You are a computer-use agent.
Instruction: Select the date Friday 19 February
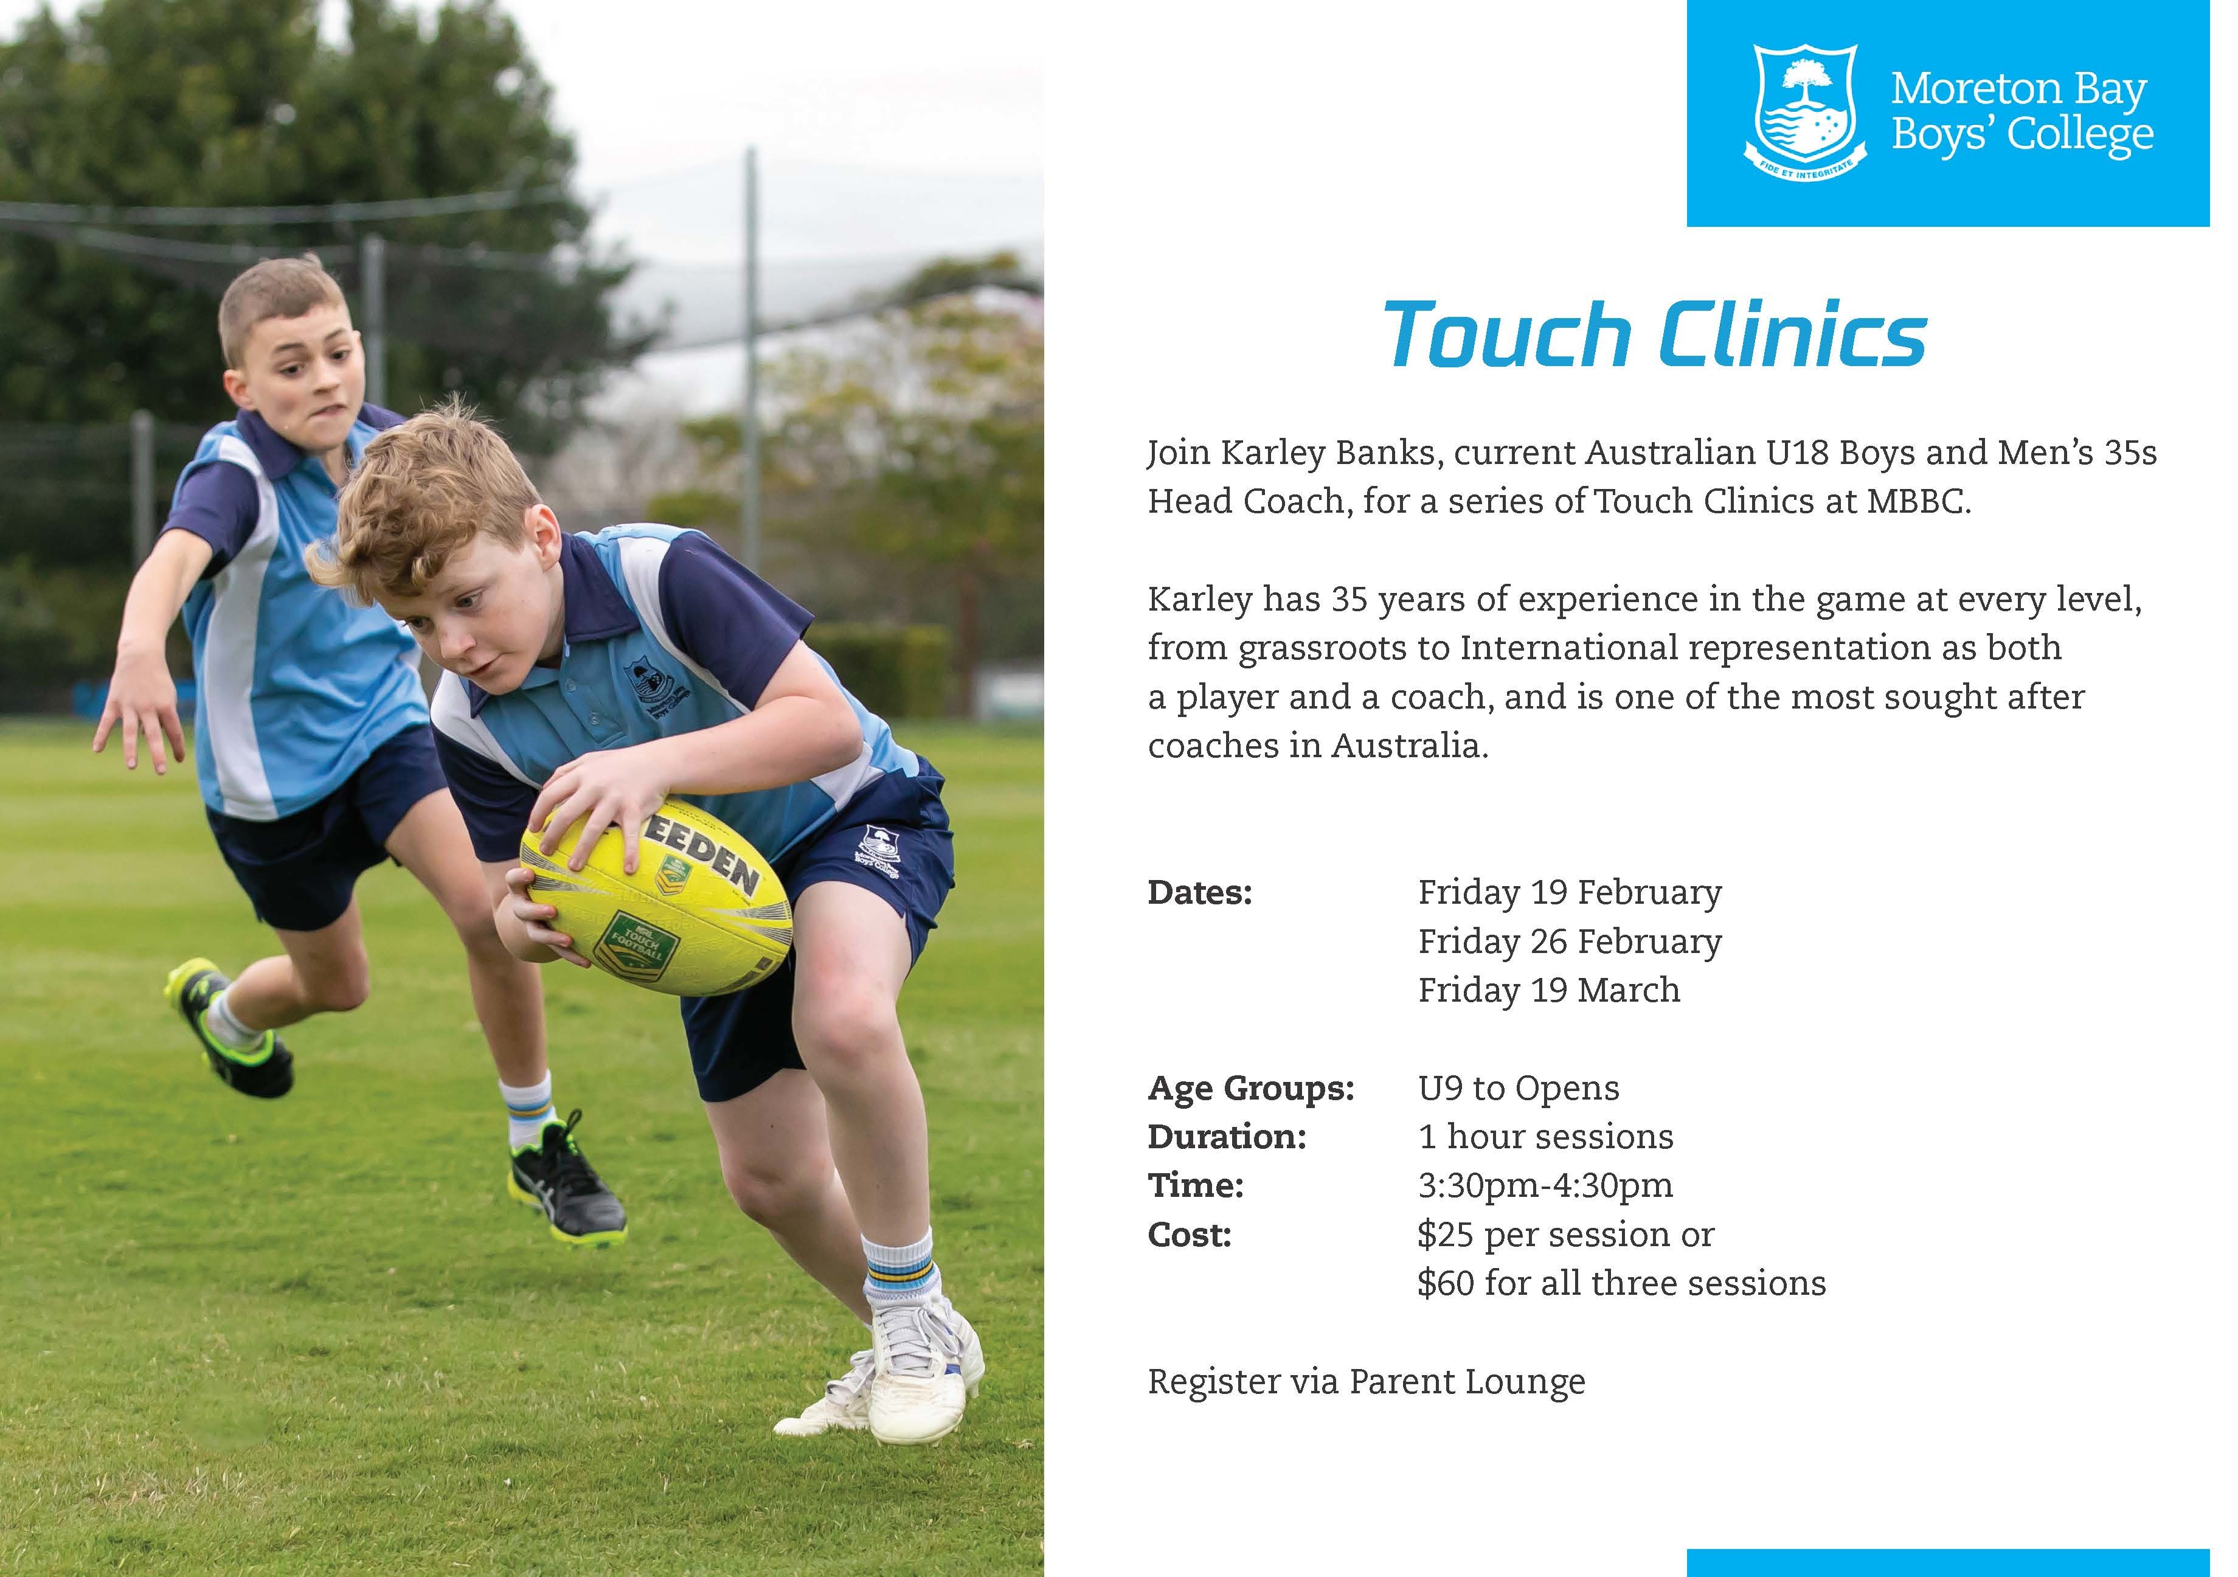(x=1569, y=893)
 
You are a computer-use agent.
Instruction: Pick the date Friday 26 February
(x=1569, y=941)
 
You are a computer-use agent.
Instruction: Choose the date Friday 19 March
(x=1549, y=990)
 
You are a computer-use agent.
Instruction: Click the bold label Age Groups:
(x=1250, y=1089)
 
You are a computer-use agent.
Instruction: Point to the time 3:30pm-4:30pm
(x=1545, y=1186)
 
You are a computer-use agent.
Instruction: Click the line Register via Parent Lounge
(x=1367, y=1382)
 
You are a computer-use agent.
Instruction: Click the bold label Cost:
(x=1189, y=1235)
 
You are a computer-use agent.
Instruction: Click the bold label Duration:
(x=1226, y=1137)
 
